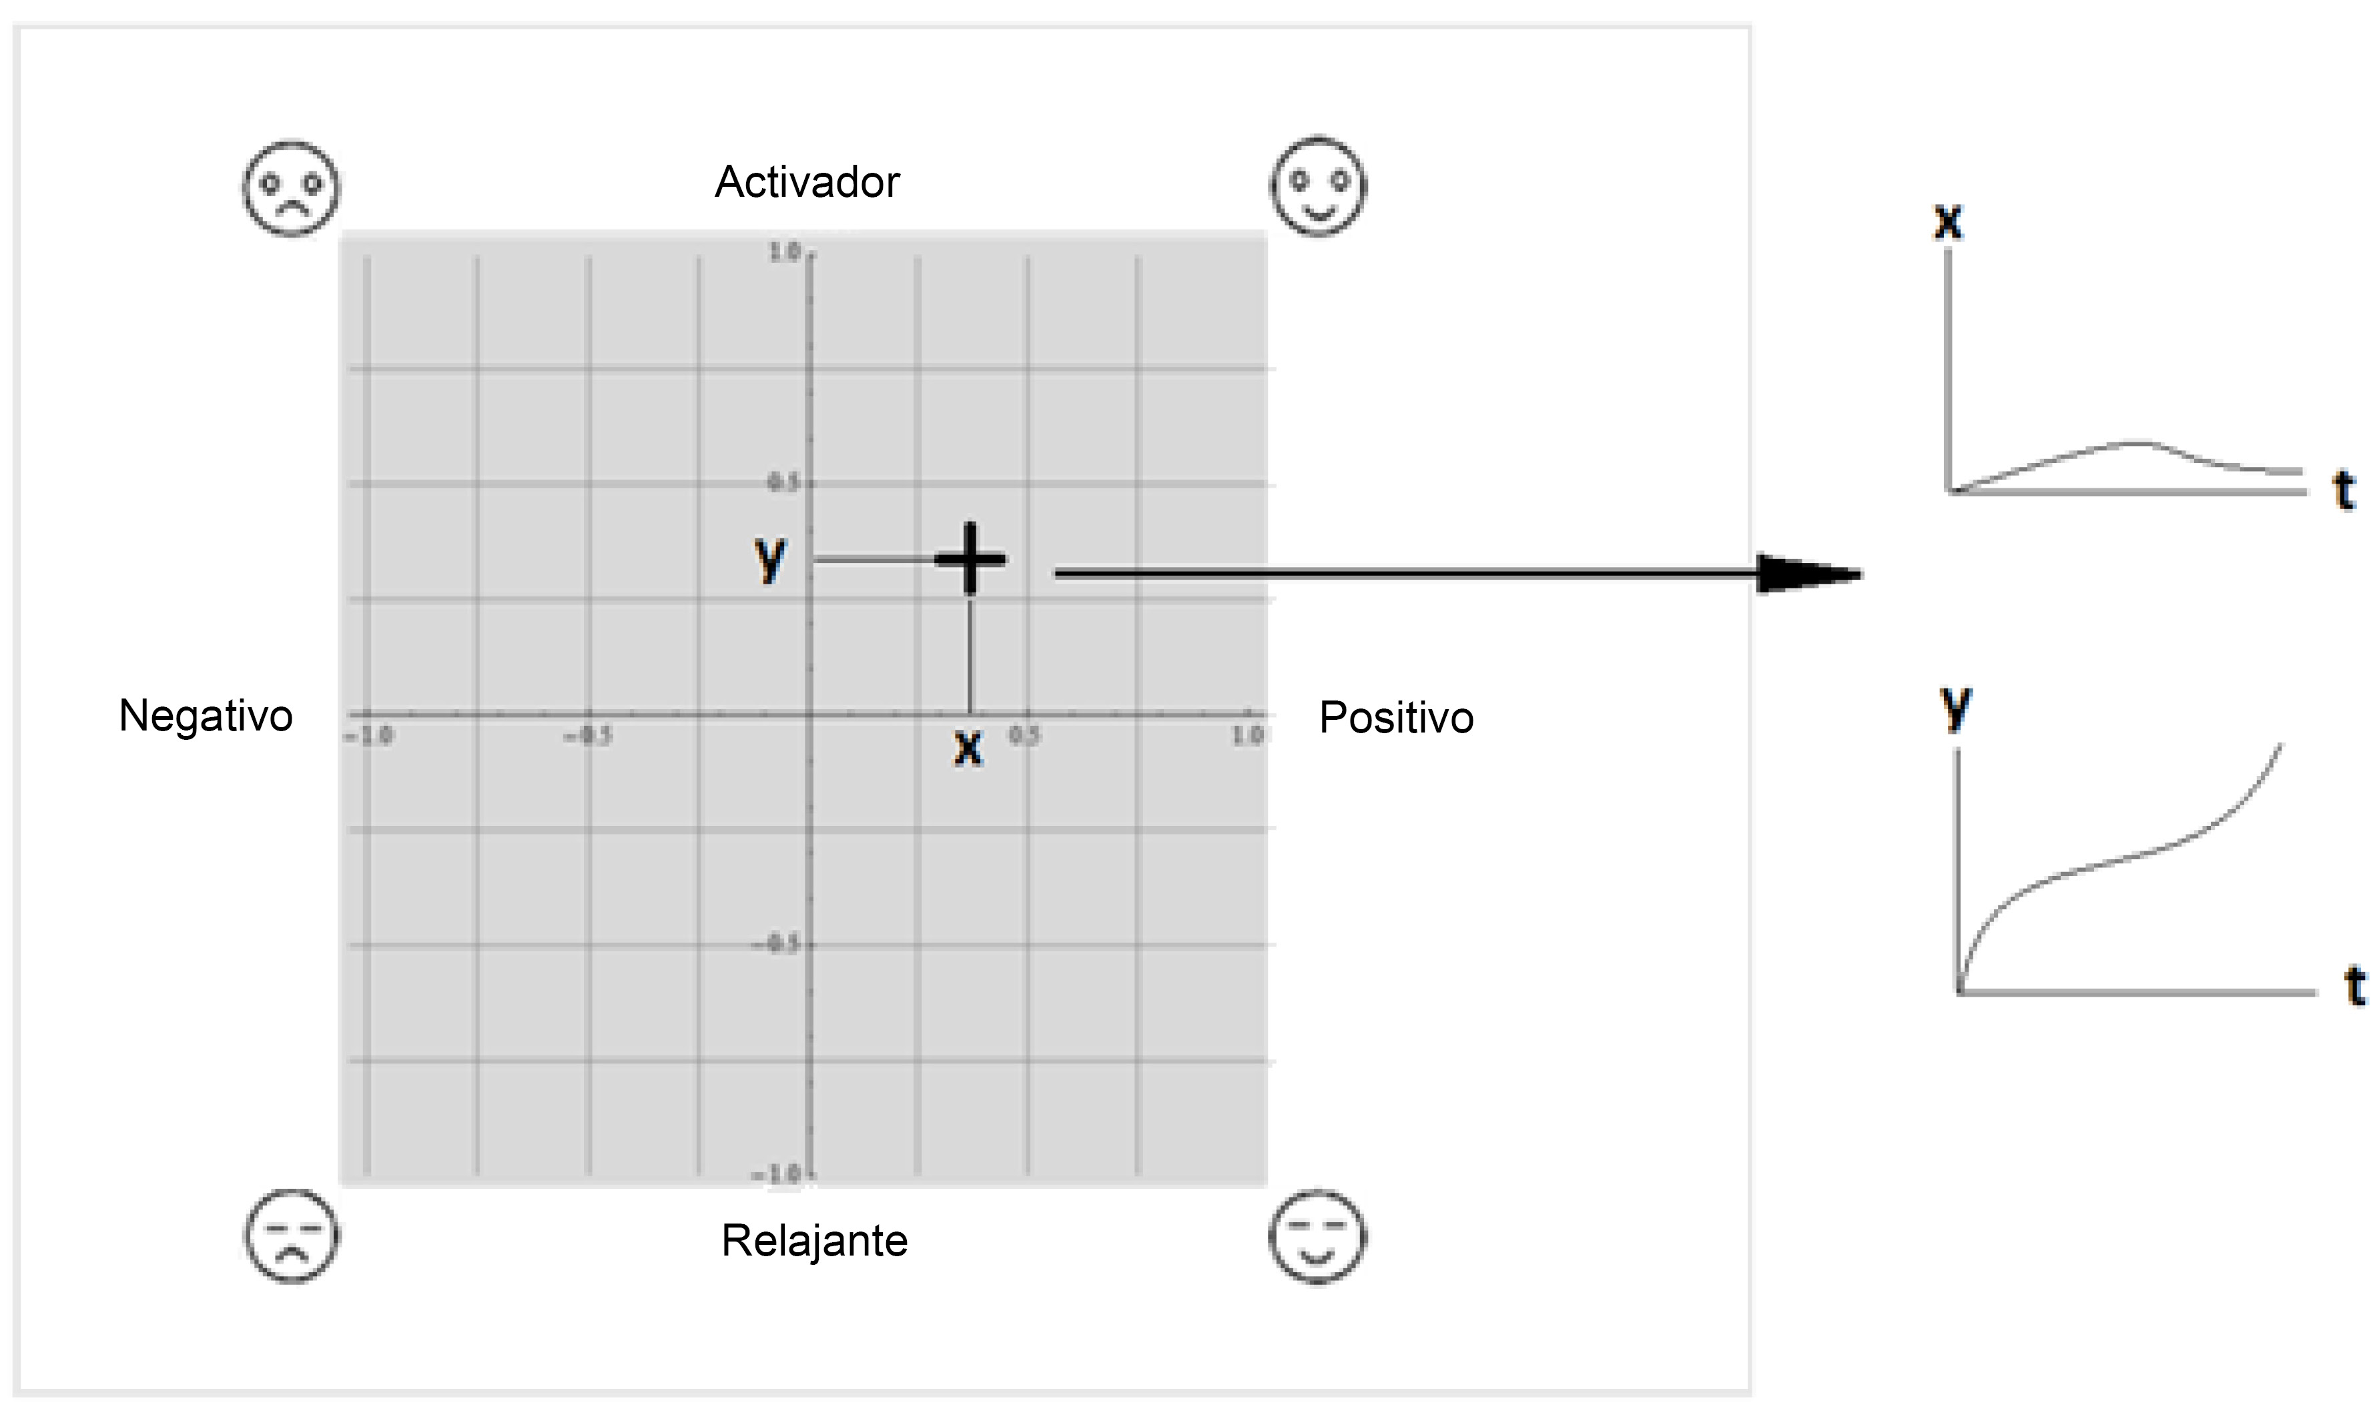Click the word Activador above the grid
[x=807, y=182]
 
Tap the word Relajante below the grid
[x=814, y=1241]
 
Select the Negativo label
[x=206, y=715]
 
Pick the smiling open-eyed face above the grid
[x=1319, y=186]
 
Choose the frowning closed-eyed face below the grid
[x=291, y=1236]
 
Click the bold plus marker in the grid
[x=971, y=559]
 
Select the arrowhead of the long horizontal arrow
[x=1808, y=574]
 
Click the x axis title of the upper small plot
[x=1948, y=221]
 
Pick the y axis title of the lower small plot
[x=1955, y=710]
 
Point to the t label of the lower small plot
[x=2355, y=986]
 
